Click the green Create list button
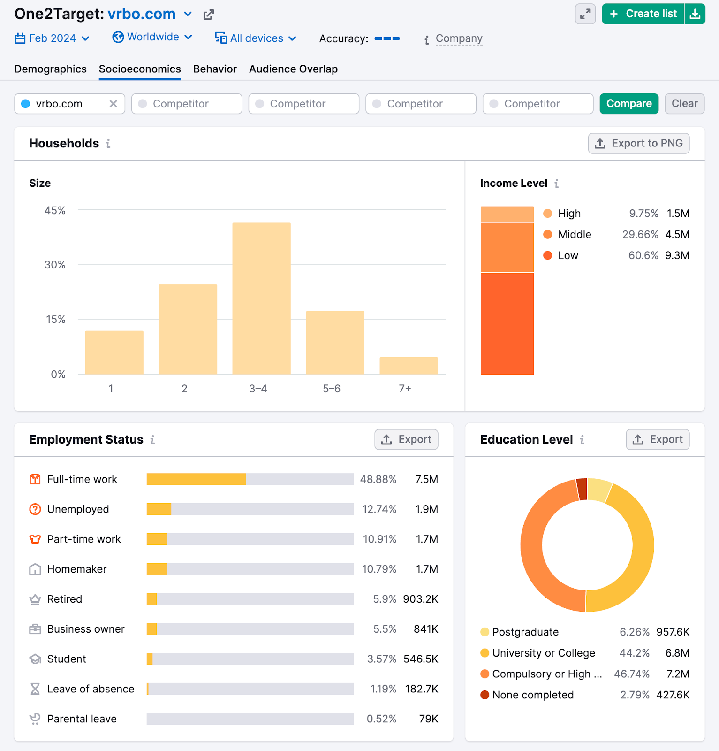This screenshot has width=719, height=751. [643, 14]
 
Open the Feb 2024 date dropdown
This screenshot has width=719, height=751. [52, 38]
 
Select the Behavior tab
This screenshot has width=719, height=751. [215, 69]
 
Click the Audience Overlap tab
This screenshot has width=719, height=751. [293, 69]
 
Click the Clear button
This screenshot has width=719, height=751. [684, 104]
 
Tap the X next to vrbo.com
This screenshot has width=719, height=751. [113, 104]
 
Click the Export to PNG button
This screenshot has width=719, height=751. [639, 143]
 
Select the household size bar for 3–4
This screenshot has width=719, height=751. [261, 299]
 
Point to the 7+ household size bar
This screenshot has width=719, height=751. [409, 366]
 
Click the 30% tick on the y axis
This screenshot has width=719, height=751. [55, 265]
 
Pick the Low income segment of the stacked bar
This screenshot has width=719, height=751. [507, 323]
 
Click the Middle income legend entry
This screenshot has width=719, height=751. [574, 235]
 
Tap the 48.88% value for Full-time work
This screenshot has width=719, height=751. [378, 479]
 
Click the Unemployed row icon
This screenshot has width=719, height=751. [35, 509]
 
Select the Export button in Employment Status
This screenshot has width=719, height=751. [406, 439]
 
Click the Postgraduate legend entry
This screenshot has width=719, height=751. [525, 632]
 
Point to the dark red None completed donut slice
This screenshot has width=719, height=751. [582, 489]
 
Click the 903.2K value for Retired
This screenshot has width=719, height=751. [420, 599]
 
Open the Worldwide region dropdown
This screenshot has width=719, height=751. [152, 37]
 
